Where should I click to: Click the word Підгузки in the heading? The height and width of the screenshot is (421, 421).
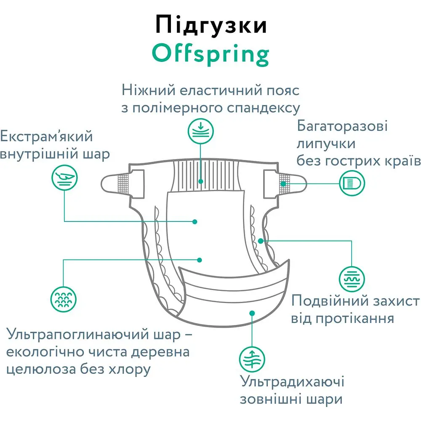tap(211, 25)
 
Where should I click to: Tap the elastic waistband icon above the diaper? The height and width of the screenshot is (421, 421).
tap(200, 131)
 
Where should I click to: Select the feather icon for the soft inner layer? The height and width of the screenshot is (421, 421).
tap(64, 178)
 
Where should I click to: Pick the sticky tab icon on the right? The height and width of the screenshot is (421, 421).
tap(352, 184)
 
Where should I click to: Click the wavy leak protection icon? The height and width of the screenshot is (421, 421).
tap(352, 279)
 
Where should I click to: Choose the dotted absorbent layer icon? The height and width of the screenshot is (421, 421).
tap(64, 299)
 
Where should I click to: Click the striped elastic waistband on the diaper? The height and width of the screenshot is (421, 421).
tap(206, 176)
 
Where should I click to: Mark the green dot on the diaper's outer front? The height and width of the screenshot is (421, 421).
tap(252, 313)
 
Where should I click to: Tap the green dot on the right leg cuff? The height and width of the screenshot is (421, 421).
tap(261, 241)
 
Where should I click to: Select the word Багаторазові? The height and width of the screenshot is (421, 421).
tap(342, 126)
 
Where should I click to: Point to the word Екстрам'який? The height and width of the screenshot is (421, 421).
tap(46, 136)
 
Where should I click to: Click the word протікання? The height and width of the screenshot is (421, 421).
tap(354, 319)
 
